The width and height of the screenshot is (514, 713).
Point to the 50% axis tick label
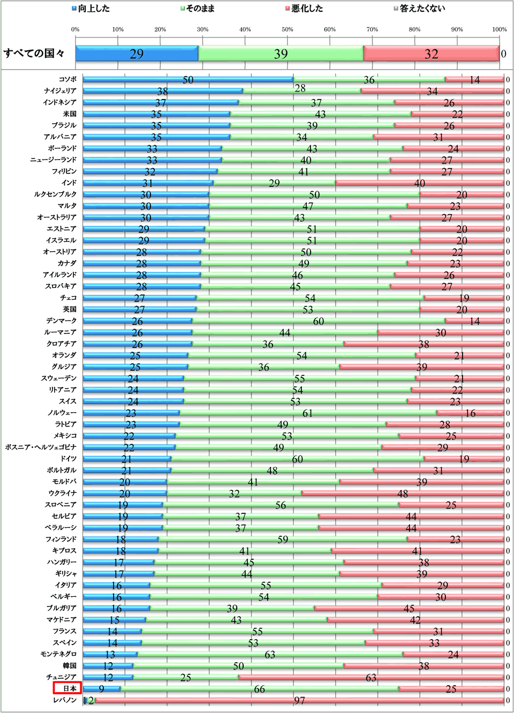pyautogui.click(x=288, y=29)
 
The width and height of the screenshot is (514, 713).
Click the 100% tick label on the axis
pyautogui.click(x=499, y=29)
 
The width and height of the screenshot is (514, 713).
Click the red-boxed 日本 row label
pyautogui.click(x=67, y=688)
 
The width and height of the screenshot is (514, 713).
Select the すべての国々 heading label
pyautogui.click(x=34, y=53)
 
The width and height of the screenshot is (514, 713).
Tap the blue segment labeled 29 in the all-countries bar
pyautogui.click(x=137, y=54)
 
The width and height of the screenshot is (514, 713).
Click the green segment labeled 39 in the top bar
pyautogui.click(x=281, y=54)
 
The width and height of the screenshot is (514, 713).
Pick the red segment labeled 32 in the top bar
pyautogui.click(x=431, y=54)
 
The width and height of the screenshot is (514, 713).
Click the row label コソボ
pyautogui.click(x=67, y=79)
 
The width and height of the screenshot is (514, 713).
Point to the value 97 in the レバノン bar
pyautogui.click(x=299, y=701)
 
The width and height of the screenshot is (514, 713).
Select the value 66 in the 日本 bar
pyautogui.click(x=259, y=689)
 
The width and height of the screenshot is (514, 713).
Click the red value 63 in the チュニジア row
pyautogui.click(x=371, y=678)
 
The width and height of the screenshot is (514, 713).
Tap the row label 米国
pyautogui.click(x=70, y=114)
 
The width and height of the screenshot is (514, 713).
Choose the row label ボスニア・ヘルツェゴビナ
pyautogui.click(x=41, y=447)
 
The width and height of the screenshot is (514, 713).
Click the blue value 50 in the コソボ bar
pyautogui.click(x=188, y=80)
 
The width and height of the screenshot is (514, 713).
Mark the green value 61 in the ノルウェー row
pyautogui.click(x=307, y=413)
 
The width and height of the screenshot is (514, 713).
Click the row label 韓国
pyautogui.click(x=70, y=666)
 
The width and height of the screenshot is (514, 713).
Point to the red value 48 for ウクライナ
pyautogui.click(x=403, y=494)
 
